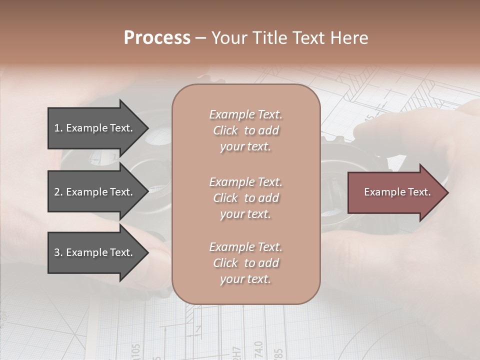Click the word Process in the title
pos(157,37)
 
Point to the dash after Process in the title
pos(200,38)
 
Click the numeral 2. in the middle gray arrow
pos(58,192)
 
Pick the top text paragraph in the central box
pos(245,130)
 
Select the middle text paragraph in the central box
pos(245,198)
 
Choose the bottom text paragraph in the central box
pos(245,263)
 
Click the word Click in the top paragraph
pos(225,130)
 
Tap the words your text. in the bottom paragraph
pos(245,279)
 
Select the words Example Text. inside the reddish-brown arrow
pos(397,192)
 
